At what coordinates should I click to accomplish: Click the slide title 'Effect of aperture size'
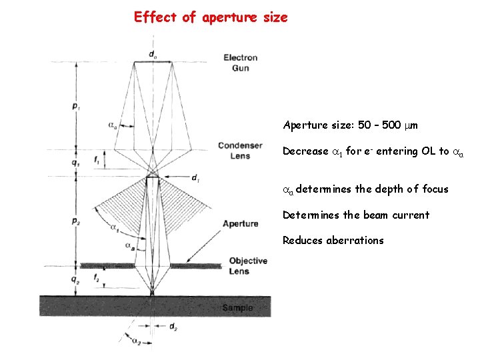click(x=211, y=17)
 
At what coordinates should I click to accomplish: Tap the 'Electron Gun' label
click(x=240, y=63)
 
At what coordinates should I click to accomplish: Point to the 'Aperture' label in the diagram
click(x=240, y=223)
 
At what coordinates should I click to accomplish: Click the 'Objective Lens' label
click(x=247, y=265)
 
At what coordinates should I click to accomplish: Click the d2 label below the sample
click(x=172, y=327)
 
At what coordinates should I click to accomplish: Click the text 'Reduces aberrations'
click(x=333, y=241)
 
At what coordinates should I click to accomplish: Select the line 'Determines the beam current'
click(x=355, y=215)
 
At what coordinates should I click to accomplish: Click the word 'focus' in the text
click(x=435, y=189)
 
